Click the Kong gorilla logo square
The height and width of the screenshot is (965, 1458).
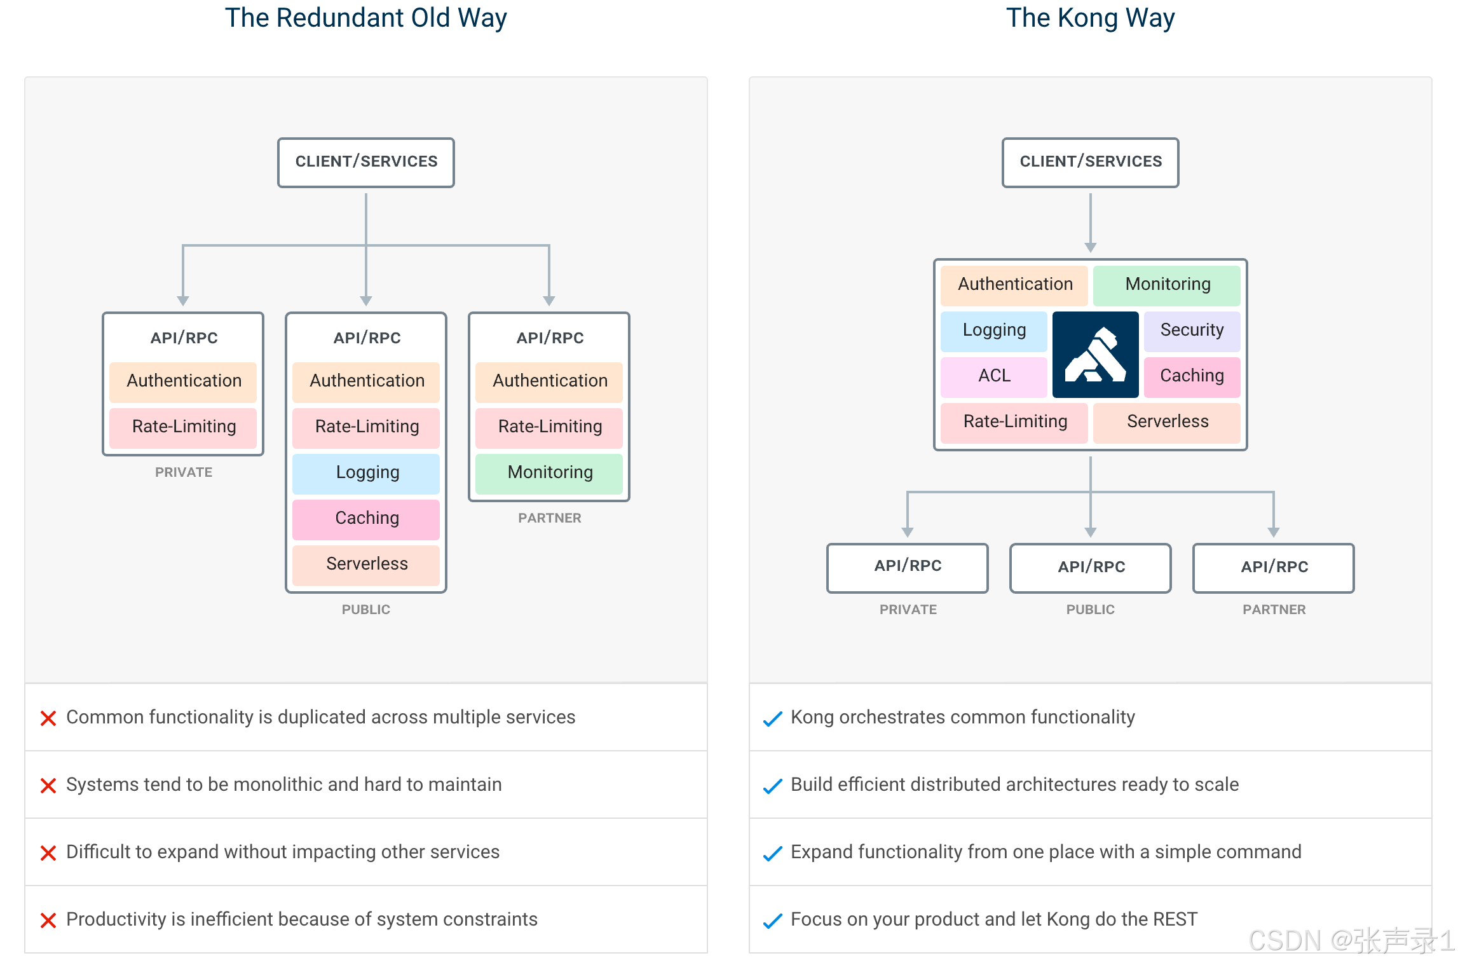(1095, 355)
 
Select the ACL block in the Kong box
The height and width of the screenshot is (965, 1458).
(994, 376)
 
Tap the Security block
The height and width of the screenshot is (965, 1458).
(1192, 330)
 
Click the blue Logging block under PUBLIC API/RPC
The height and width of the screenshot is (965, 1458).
(367, 472)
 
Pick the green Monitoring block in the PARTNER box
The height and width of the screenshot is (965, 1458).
(550, 472)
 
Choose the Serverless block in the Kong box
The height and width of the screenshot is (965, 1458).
(1167, 421)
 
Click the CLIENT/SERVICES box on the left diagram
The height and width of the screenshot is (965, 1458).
(366, 162)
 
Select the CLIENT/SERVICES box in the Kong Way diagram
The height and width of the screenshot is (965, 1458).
(1091, 162)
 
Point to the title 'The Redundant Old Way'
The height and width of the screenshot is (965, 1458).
(366, 18)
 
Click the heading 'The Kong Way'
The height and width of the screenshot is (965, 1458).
(1090, 18)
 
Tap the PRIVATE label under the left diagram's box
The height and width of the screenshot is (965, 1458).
(184, 472)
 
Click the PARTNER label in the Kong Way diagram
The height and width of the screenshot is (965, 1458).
(1274, 610)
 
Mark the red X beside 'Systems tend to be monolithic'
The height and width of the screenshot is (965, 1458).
(48, 786)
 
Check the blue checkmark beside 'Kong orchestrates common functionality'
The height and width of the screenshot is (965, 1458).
(772, 719)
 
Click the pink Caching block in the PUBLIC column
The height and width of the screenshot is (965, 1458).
(367, 518)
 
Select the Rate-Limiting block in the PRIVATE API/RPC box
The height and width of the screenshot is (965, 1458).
(184, 427)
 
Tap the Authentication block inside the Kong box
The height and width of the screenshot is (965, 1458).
(1014, 284)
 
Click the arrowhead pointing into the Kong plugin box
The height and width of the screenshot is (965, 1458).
(1091, 247)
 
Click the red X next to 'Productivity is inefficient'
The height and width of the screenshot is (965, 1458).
(48, 921)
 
